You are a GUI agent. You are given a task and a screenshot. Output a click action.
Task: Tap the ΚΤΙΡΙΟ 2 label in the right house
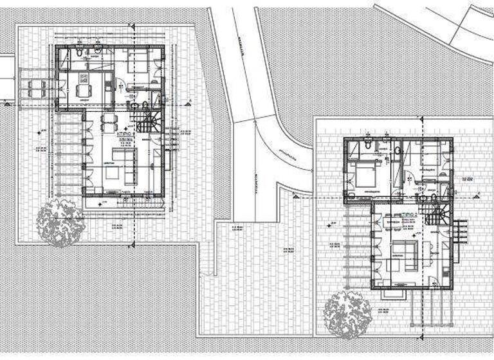[410, 214]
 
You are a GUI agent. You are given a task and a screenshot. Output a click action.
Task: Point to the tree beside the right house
[348, 313]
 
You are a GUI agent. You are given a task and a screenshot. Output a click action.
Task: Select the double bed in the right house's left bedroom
[363, 172]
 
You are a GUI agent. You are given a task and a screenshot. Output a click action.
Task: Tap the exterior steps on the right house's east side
[460, 232]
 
